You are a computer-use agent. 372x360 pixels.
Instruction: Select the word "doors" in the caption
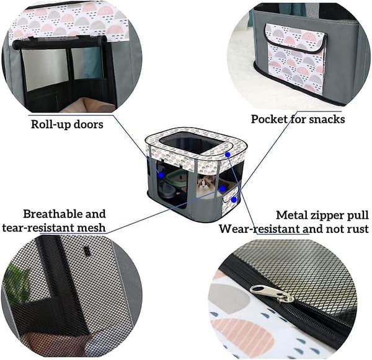[89, 124]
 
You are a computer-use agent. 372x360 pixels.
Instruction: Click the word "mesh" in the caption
[93, 227]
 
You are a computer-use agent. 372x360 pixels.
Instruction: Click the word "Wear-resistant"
[260, 229]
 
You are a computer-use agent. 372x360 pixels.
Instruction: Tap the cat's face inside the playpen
[203, 183]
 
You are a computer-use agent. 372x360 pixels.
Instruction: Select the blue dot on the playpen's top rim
[228, 155]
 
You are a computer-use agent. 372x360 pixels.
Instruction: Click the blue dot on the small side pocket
[234, 200]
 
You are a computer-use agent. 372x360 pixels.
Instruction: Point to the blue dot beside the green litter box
[161, 175]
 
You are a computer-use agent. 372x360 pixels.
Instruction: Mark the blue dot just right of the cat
[223, 189]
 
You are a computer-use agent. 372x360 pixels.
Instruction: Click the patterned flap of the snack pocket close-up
[296, 38]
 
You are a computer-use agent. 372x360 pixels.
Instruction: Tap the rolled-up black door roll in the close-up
[60, 43]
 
